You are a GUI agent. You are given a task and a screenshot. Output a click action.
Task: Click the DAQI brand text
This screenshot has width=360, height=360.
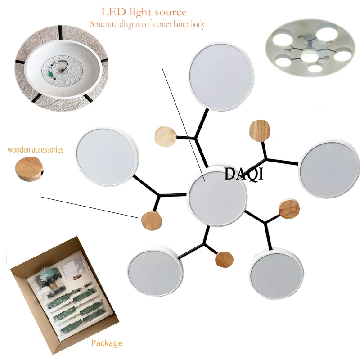click(x=244, y=174)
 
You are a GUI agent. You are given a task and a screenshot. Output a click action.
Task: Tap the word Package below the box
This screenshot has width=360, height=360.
click(x=107, y=343)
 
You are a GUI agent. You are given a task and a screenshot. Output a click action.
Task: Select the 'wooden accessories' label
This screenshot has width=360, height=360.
click(x=35, y=149)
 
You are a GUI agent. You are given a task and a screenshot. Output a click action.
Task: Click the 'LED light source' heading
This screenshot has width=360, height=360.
click(x=144, y=12)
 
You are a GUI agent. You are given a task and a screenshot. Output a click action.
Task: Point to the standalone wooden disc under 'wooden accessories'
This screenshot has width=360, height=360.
click(x=28, y=167)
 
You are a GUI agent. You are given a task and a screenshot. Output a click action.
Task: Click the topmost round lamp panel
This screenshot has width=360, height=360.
click(x=221, y=77)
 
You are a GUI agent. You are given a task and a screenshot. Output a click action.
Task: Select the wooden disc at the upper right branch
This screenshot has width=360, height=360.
click(x=260, y=130)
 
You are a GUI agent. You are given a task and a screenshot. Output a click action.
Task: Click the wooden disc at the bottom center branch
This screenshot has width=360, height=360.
click(x=224, y=260)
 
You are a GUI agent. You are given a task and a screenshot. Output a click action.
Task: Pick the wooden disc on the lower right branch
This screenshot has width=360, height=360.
click(x=289, y=209)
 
